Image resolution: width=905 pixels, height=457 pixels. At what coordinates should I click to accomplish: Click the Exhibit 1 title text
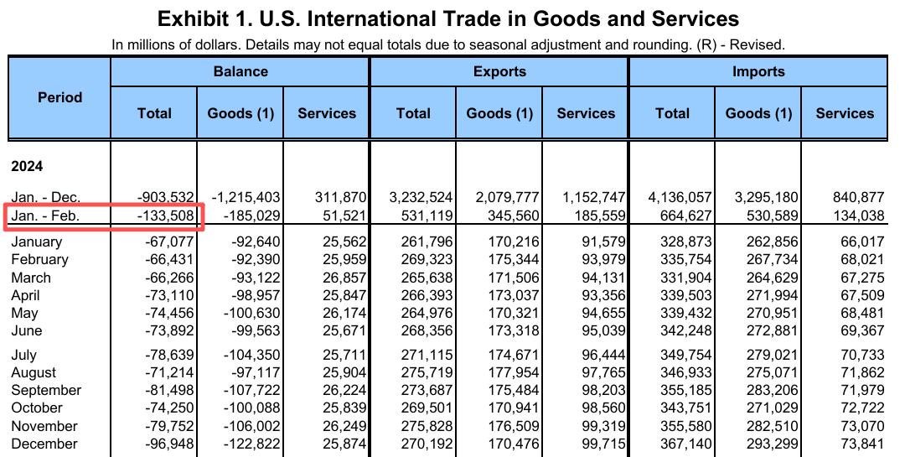[448, 18]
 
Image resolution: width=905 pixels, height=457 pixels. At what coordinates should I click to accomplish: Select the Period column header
[59, 97]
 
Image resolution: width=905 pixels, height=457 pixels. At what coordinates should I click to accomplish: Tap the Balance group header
[240, 71]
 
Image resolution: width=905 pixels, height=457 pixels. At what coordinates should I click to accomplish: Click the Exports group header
[499, 71]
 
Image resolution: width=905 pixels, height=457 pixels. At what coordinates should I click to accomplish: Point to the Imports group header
[758, 71]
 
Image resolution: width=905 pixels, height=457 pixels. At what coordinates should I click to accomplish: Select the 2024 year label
[27, 167]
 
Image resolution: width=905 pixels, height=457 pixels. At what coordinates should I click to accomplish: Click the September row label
[46, 390]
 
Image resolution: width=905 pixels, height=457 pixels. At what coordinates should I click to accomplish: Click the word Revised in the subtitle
[758, 44]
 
